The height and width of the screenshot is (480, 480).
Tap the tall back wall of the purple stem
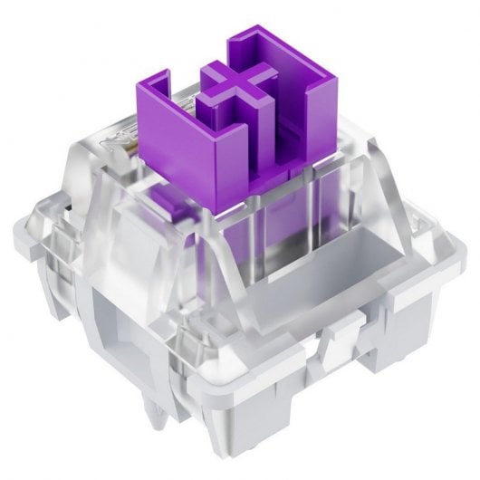pos(272,54)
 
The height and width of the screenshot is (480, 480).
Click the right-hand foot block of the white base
pos(398,362)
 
